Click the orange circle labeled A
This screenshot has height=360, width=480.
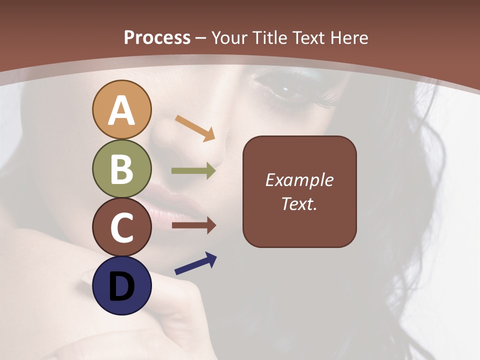[x=121, y=110]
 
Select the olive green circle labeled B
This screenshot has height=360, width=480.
[x=121, y=169]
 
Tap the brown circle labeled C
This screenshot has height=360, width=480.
[x=121, y=227]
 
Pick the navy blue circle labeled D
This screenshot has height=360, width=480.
[x=121, y=286]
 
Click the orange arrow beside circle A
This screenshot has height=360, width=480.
[x=195, y=128]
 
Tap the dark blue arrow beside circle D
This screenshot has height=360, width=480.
[x=195, y=264]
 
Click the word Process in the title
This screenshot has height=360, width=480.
[x=157, y=37]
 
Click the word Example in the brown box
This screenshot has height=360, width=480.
[x=299, y=180]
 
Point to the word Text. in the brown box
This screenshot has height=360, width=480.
[x=299, y=203]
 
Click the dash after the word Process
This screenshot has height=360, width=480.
[x=201, y=38]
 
